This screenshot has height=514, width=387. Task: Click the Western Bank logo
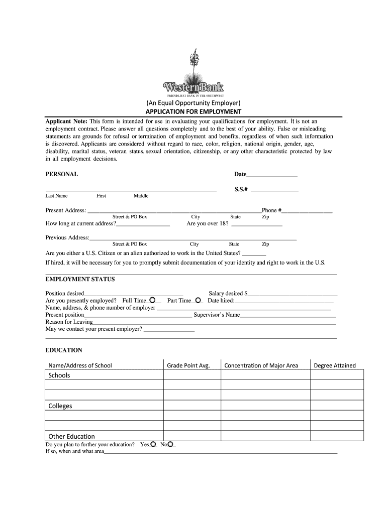[193, 75]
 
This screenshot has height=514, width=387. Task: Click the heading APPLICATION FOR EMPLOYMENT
[193, 111]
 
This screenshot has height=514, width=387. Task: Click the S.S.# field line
[274, 191]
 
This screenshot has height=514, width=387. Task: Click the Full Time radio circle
[152, 300]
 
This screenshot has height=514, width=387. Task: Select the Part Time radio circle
[198, 300]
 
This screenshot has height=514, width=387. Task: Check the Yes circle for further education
[153, 444]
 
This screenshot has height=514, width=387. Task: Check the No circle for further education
[171, 444]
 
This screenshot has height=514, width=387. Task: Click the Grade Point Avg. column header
[188, 365]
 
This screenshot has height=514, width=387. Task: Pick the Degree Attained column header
[334, 365]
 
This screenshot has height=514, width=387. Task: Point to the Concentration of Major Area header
[261, 365]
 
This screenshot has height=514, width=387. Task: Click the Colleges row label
[60, 406]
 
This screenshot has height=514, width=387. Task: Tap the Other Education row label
[71, 436]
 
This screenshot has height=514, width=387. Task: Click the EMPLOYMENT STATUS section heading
[80, 279]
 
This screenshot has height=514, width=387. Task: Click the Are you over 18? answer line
[256, 225]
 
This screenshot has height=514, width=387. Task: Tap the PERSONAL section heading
[61, 174]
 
